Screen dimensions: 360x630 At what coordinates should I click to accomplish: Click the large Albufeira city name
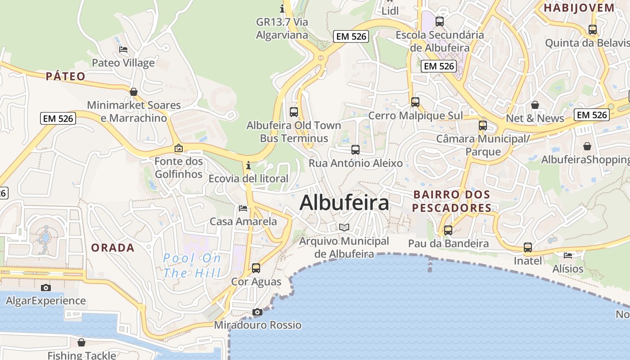(344, 202)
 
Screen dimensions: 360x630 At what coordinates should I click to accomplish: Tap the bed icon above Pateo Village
(123, 49)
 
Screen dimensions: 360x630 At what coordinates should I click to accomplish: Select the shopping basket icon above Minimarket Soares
(134, 92)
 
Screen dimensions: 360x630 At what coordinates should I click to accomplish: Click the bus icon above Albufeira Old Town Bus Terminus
(294, 112)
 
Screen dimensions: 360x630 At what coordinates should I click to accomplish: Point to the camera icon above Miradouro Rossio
(257, 312)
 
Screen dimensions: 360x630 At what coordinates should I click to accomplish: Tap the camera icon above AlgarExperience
(45, 288)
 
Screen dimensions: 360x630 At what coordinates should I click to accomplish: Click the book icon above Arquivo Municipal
(344, 228)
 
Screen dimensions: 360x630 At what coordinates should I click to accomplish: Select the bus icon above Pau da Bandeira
(448, 230)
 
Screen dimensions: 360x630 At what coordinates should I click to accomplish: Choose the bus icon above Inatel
(528, 247)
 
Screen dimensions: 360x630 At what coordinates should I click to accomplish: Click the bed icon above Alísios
(568, 255)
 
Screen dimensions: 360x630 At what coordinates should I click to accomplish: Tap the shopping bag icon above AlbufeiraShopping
(587, 146)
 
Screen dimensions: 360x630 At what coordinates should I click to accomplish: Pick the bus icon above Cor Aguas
(256, 268)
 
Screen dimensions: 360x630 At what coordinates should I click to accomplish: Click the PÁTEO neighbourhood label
(66, 76)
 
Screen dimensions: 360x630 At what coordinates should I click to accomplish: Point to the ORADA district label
(112, 247)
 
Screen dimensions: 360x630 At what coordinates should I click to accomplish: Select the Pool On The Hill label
(192, 265)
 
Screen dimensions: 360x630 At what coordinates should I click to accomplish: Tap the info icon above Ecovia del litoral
(248, 165)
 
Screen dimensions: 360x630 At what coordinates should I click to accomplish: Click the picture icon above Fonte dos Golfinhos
(179, 148)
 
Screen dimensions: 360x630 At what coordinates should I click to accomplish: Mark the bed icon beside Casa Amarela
(243, 208)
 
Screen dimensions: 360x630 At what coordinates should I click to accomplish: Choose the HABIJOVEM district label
(579, 8)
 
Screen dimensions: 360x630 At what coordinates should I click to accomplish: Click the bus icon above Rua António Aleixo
(355, 150)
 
